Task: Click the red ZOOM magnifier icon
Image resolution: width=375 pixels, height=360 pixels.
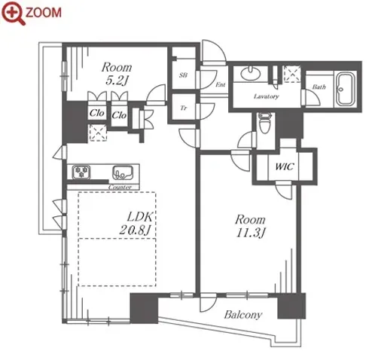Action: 13,13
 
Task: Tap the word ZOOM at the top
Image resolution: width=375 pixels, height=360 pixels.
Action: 44,13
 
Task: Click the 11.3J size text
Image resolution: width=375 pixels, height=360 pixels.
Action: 251,233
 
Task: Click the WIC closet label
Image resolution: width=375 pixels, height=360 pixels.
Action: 285,166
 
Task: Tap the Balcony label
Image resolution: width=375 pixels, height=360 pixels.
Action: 243,315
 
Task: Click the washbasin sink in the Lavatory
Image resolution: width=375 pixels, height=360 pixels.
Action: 250,73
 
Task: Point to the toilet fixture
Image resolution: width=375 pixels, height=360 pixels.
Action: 265,123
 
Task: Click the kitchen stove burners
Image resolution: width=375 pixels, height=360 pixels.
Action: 81,172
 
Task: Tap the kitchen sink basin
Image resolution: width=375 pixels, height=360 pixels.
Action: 123,172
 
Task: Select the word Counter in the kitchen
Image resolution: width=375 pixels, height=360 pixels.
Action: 120,188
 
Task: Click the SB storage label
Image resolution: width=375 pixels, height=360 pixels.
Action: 183,75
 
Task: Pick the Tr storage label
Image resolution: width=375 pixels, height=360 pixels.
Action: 184,108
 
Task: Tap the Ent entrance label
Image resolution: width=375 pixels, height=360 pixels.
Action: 221,84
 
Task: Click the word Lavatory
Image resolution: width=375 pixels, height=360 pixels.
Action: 267,96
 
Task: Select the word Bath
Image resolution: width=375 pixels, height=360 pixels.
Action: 319,87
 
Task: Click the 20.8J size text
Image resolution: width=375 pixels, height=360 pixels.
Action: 135,230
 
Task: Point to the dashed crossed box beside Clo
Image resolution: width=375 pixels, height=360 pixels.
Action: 97,133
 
